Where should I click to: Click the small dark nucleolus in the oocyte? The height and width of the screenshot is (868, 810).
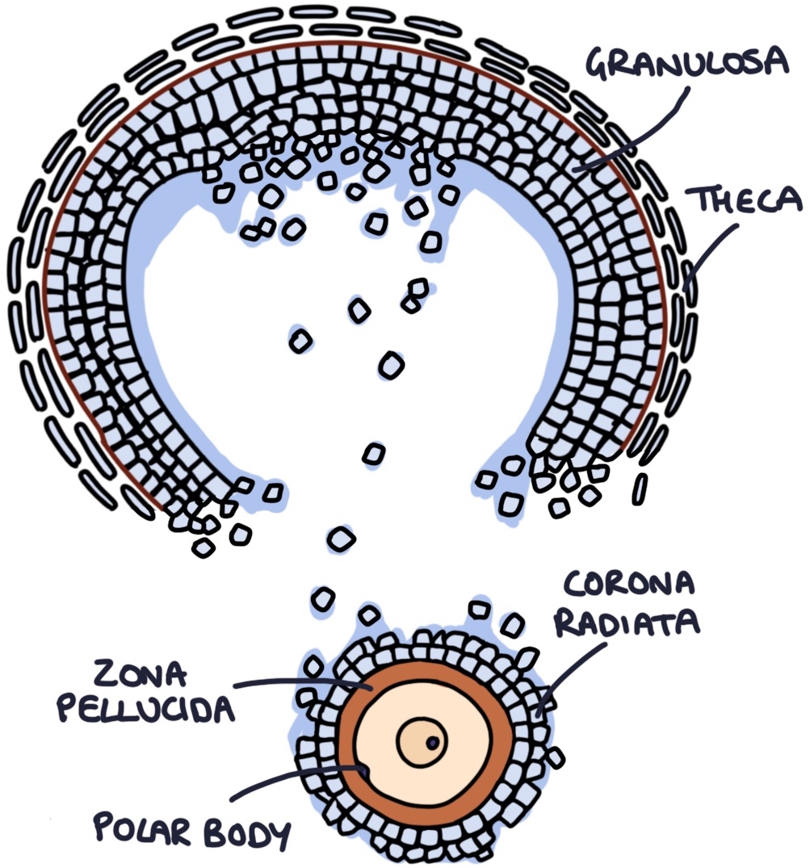(434, 741)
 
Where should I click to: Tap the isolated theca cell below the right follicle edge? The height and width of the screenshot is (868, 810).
(640, 489)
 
